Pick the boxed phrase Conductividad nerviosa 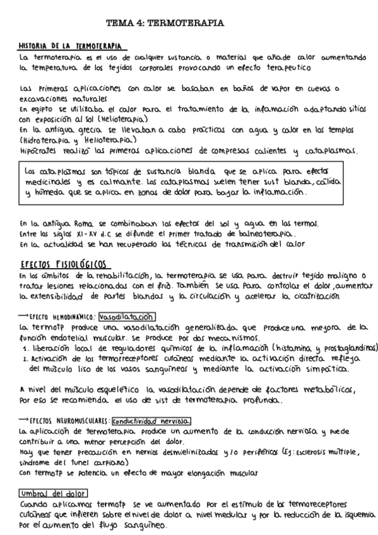[x=151, y=421]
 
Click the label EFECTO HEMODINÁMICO [x=64, y=318]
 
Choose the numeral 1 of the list [x=23, y=347]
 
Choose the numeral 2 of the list [x=23, y=357]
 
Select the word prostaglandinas [x=347, y=347]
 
